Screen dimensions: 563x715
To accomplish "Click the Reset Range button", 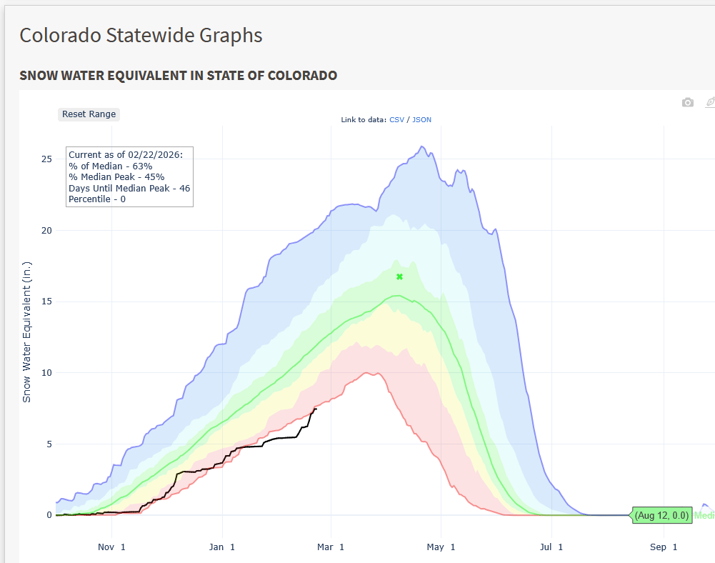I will pyautogui.click(x=89, y=114).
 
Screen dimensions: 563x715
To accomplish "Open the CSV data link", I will pyautogui.click(x=396, y=119).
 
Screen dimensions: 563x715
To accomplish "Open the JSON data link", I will pyautogui.click(x=421, y=119).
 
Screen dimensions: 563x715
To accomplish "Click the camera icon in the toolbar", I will pyautogui.click(x=687, y=103).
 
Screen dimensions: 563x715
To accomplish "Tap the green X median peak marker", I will pyautogui.click(x=400, y=276).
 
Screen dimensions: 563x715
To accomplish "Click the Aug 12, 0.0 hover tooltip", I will pyautogui.click(x=661, y=515).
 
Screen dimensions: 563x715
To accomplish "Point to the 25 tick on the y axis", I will pyautogui.click(x=46, y=159).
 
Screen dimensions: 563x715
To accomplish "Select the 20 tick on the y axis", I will pyautogui.click(x=46, y=230).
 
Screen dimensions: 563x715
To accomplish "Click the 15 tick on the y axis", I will pyautogui.click(x=46, y=302).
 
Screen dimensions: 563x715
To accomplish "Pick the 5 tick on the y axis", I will pyautogui.click(x=48, y=444).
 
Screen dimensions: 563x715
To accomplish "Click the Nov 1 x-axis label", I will pyautogui.click(x=111, y=547).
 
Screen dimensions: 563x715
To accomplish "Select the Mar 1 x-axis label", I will pyautogui.click(x=331, y=547).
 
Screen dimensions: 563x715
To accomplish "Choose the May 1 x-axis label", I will pyautogui.click(x=441, y=547).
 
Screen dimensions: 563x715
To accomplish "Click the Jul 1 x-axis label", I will pyautogui.click(x=551, y=547).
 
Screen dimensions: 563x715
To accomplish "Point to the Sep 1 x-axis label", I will pyautogui.click(x=664, y=547).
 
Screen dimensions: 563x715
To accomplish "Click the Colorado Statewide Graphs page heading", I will pyautogui.click(x=141, y=35).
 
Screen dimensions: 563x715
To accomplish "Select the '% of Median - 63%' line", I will pyautogui.click(x=110, y=166).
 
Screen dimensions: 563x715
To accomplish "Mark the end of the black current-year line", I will pyautogui.click(x=316, y=408).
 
